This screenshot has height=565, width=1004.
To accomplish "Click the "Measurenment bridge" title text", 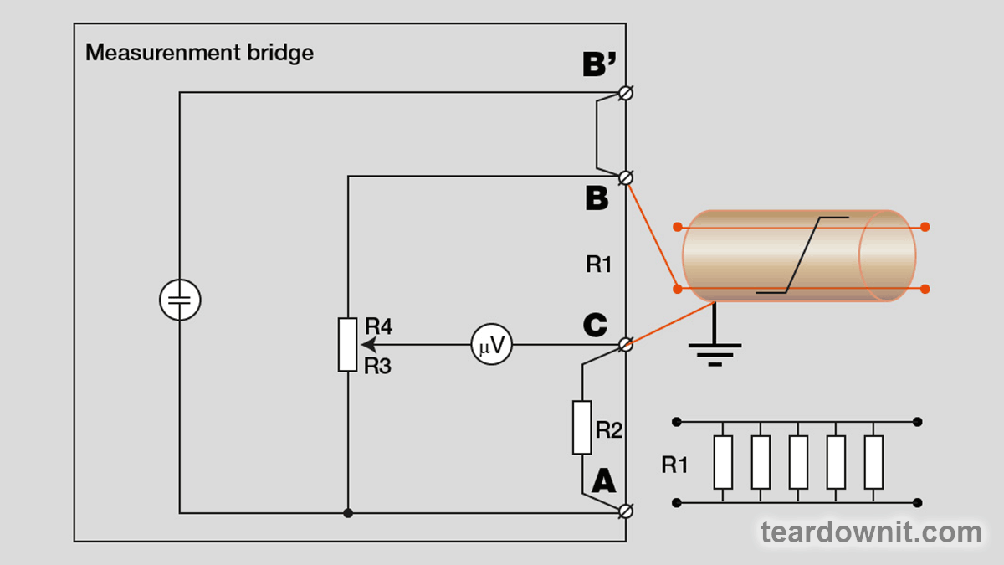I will (x=199, y=53).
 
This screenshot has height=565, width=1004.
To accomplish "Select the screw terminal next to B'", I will (x=625, y=93).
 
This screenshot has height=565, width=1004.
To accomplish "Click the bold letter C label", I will (x=595, y=325).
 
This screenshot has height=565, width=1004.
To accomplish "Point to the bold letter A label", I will (x=603, y=481).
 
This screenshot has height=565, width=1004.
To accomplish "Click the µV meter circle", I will (x=491, y=345).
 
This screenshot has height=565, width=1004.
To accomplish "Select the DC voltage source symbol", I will (x=180, y=300).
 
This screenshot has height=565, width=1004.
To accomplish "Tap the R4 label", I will (x=378, y=326).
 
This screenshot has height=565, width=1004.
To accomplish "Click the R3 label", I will (x=378, y=366).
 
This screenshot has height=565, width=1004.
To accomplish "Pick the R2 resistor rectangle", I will (x=582, y=428).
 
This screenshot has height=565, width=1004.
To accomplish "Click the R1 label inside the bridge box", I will (x=598, y=265).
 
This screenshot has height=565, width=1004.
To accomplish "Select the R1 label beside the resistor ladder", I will (x=674, y=465).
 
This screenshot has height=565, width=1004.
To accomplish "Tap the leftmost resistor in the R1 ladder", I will (x=723, y=462).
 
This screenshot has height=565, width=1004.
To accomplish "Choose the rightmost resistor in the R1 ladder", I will (x=873, y=462).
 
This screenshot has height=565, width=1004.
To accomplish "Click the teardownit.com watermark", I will (x=870, y=532).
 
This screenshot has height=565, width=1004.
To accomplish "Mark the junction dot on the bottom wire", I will (x=348, y=512).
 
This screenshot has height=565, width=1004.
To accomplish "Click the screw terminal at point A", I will (x=625, y=511).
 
